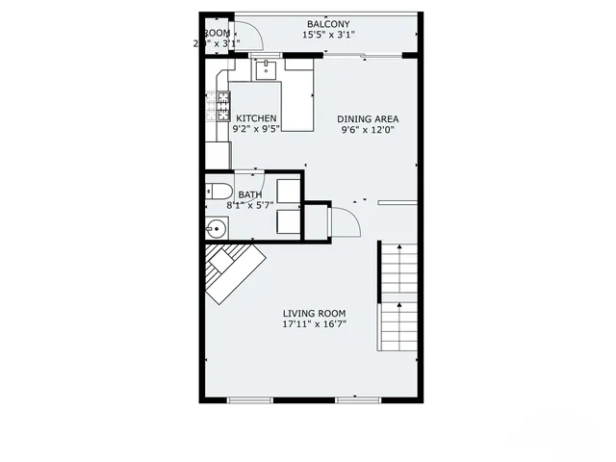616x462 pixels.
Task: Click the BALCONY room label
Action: coord(328,24)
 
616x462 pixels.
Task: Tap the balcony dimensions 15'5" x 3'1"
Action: coord(328,35)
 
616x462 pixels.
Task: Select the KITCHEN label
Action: coord(256,118)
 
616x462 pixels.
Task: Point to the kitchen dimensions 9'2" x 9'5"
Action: coord(256,129)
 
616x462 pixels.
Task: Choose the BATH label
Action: coord(249,194)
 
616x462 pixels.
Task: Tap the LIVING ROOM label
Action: coord(314,314)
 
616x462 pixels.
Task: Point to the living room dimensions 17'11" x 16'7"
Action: coord(314,324)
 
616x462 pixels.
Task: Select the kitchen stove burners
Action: coord(223,107)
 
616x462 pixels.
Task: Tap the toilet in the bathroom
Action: coord(218,191)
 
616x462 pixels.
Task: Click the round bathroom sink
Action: coord(218,229)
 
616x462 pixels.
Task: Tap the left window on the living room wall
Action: coord(245,399)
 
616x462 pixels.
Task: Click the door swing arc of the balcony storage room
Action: coord(252,36)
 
